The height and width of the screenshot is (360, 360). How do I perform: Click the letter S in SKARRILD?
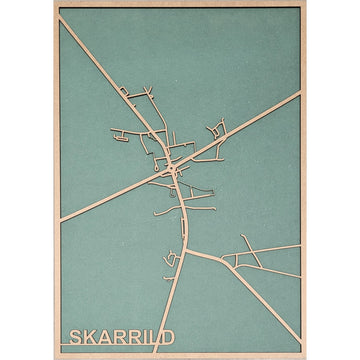(x=73, y=335)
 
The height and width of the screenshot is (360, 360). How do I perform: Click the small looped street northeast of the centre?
(x=215, y=130)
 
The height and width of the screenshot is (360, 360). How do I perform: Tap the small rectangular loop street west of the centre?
(x=124, y=132)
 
